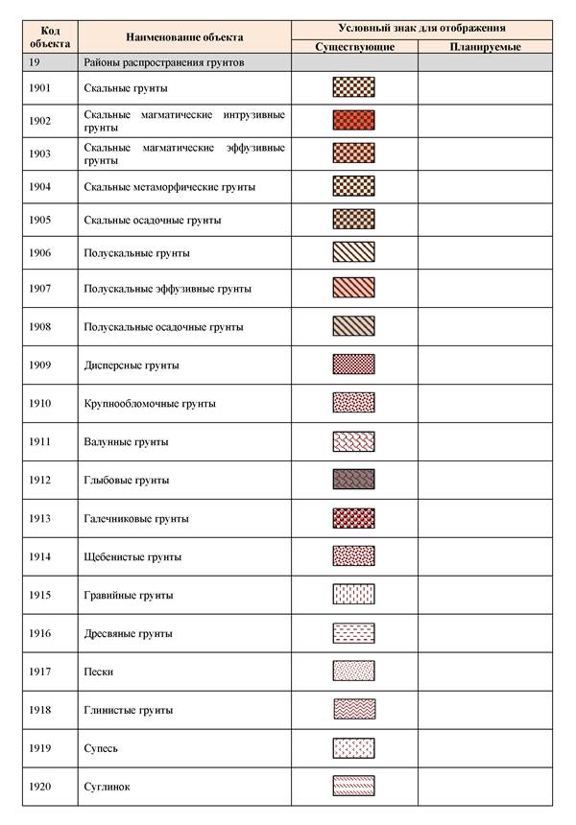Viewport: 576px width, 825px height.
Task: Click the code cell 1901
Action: [x=41, y=88]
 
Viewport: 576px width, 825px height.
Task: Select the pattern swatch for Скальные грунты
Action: [x=353, y=87]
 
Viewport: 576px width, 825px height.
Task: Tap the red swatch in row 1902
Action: [x=353, y=121]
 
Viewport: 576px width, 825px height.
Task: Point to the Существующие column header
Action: [x=353, y=46]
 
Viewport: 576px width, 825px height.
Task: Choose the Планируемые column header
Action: [x=485, y=46]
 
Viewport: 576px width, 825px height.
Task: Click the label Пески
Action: [x=99, y=672]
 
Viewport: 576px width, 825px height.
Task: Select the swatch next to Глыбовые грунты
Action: [x=353, y=479]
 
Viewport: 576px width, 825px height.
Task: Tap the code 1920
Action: [x=41, y=787]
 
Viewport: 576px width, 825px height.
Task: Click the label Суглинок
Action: [x=107, y=787]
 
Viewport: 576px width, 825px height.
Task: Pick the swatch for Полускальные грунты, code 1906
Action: [x=353, y=252]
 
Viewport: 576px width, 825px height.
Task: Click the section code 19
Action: [x=36, y=62]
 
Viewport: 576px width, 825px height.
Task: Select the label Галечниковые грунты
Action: [x=136, y=518]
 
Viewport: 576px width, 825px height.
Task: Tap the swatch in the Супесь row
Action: [x=353, y=747]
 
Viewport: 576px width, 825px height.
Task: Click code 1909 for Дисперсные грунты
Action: [x=41, y=365]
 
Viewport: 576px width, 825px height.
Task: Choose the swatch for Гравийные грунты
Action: [x=353, y=595]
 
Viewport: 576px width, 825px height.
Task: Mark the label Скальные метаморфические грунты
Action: [x=170, y=186]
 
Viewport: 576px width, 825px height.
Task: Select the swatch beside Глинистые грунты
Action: [x=353, y=709]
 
